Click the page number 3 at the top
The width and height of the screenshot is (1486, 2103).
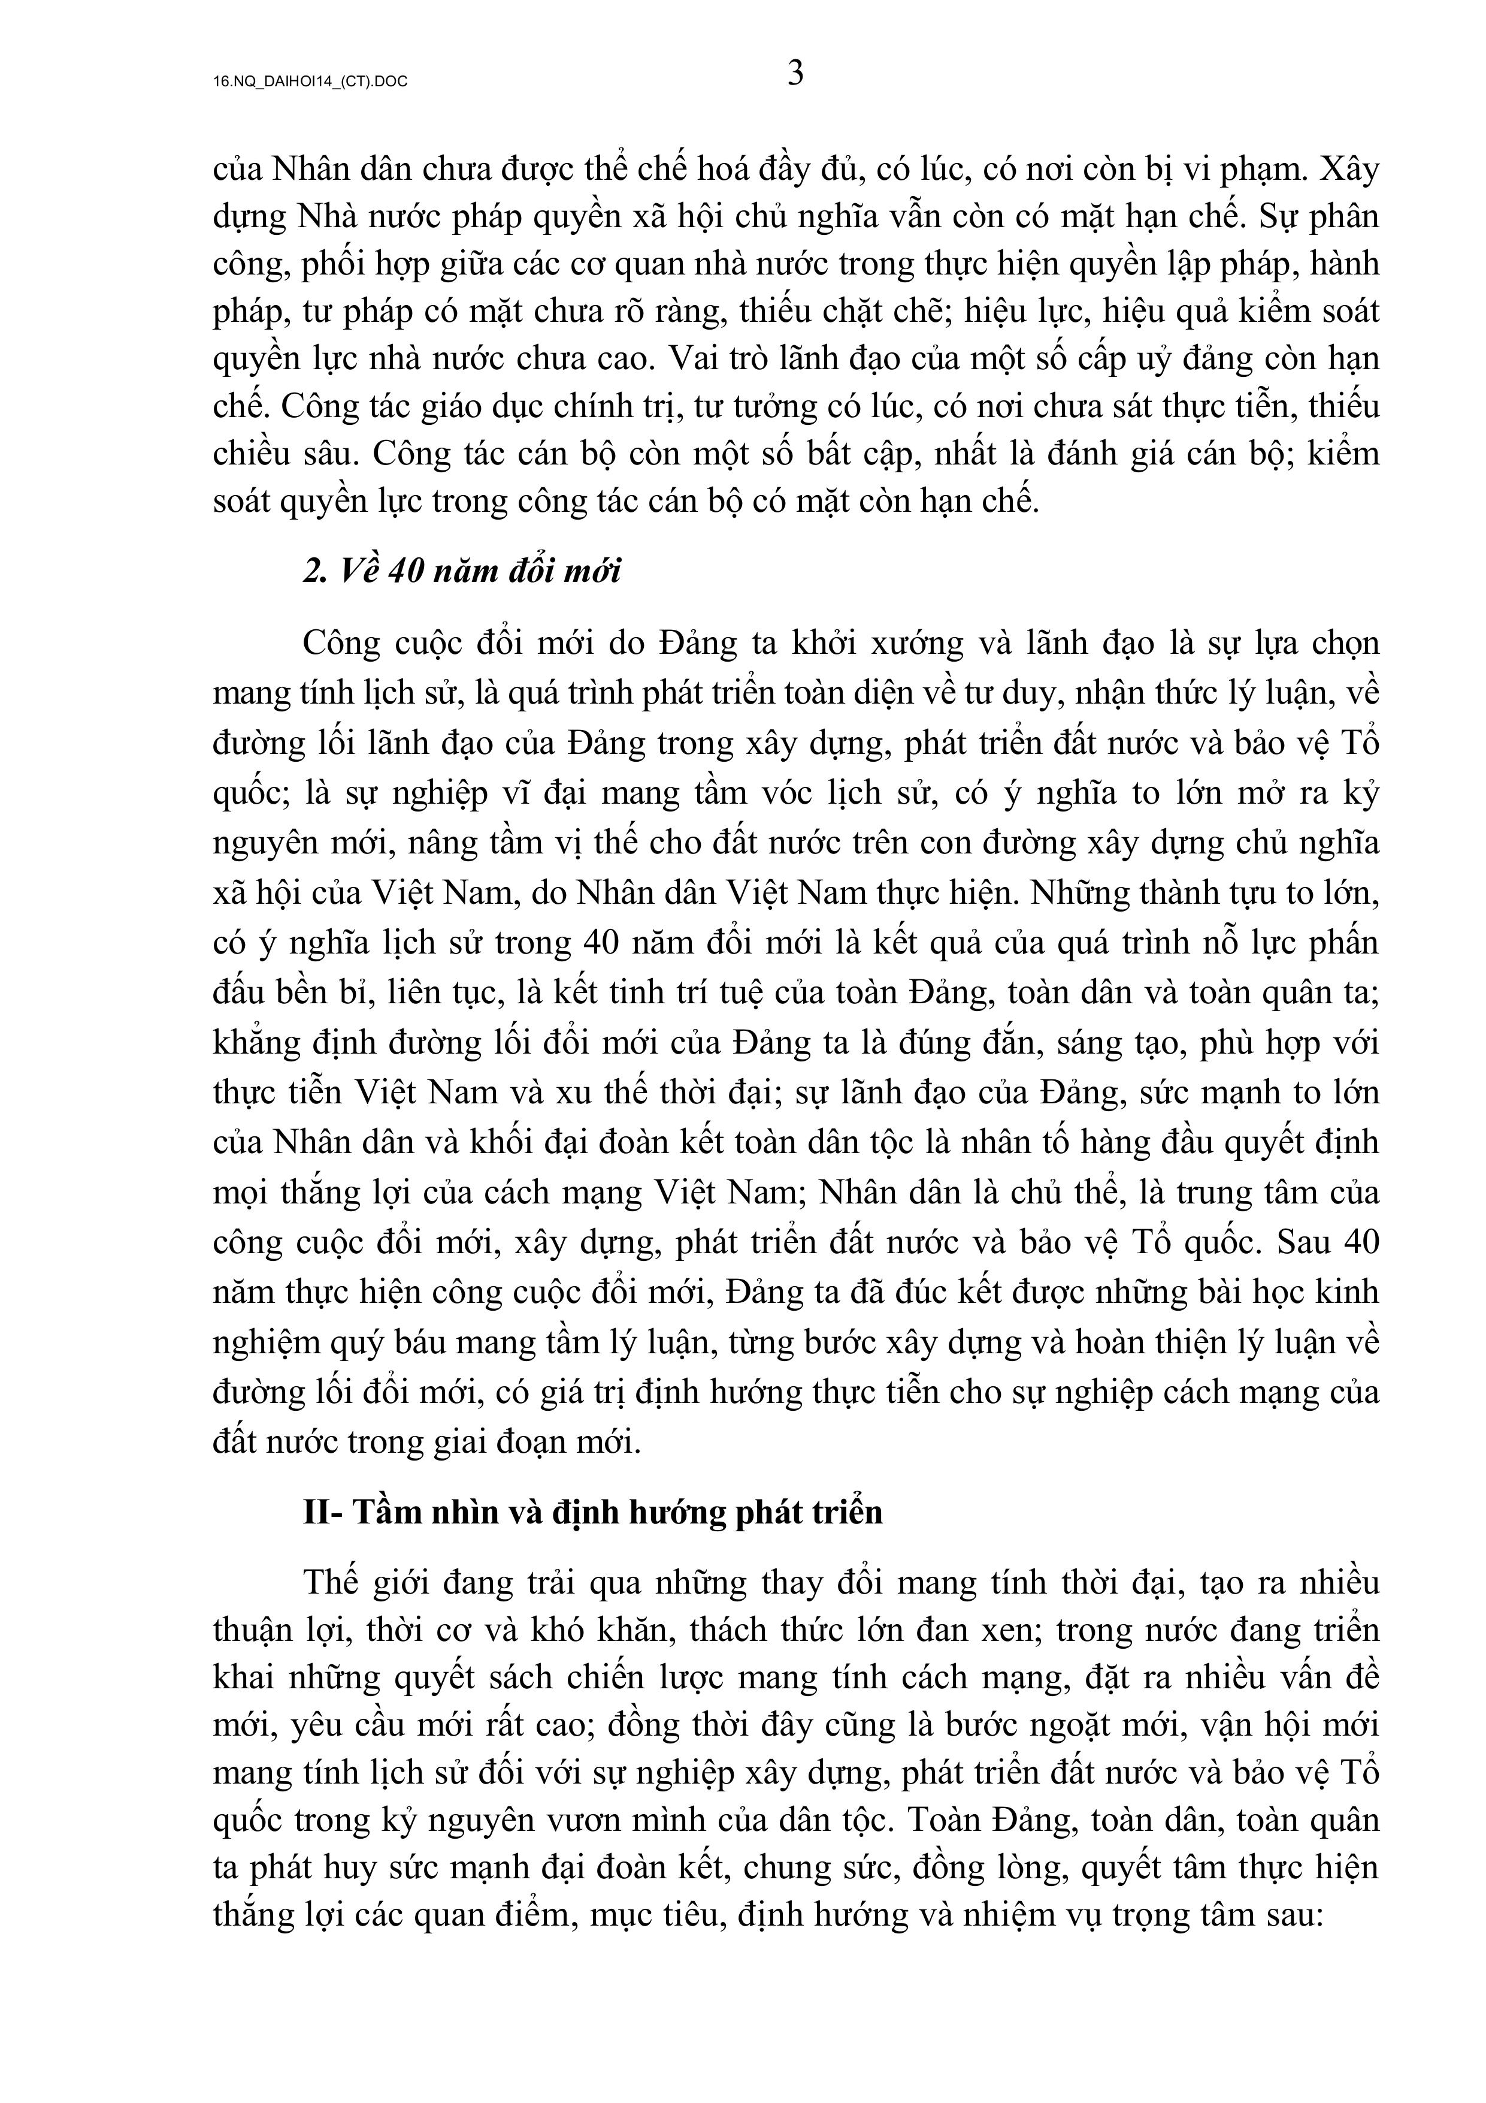[x=795, y=73]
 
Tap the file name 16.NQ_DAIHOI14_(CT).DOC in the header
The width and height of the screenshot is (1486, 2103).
[x=310, y=82]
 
